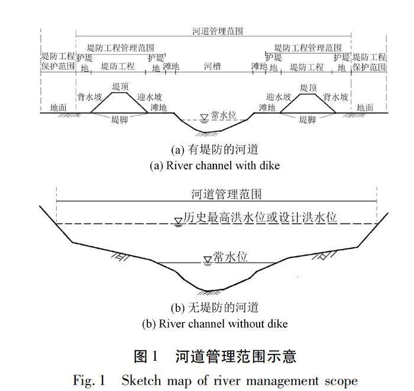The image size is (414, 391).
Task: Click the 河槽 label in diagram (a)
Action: point(212,67)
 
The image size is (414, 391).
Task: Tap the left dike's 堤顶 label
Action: point(121,87)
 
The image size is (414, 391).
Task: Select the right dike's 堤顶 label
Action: point(309,87)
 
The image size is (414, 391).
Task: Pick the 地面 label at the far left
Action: point(59,108)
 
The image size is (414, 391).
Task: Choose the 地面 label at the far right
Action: point(366,108)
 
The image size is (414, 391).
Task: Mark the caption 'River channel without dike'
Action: point(215,324)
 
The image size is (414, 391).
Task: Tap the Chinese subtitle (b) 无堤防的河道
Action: point(215,308)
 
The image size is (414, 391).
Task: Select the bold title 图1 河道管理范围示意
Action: point(215,356)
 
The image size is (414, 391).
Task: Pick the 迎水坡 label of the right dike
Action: point(278,96)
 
